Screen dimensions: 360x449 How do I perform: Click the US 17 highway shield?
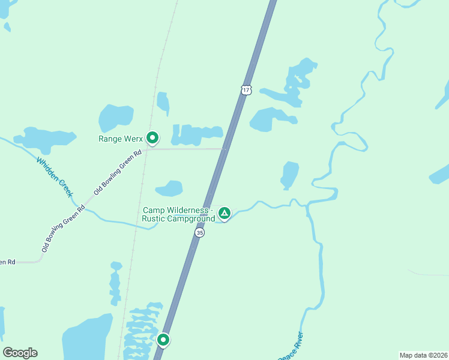tap(246, 89)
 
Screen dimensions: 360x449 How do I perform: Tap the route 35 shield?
tap(200, 232)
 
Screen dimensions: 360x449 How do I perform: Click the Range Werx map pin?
tap(152, 138)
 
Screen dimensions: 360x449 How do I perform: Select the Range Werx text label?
tap(121, 139)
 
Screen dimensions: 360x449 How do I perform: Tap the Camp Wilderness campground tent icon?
tap(224, 212)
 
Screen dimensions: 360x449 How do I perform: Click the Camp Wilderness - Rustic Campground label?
tap(178, 215)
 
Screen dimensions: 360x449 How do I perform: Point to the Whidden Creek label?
tap(55, 177)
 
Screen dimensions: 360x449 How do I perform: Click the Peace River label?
tap(291, 347)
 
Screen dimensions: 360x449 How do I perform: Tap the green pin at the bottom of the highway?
tap(163, 340)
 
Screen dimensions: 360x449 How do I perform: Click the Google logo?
tap(20, 353)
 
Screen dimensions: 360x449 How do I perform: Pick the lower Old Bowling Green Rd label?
tap(63, 229)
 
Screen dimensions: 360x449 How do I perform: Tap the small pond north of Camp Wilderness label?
tap(169, 188)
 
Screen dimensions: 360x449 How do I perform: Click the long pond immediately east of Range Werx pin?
tap(196, 135)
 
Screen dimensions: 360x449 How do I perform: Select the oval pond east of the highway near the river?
tap(290, 174)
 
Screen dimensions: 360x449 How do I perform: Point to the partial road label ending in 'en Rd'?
tap(8, 262)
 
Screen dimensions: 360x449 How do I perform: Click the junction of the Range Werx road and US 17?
tap(224, 149)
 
